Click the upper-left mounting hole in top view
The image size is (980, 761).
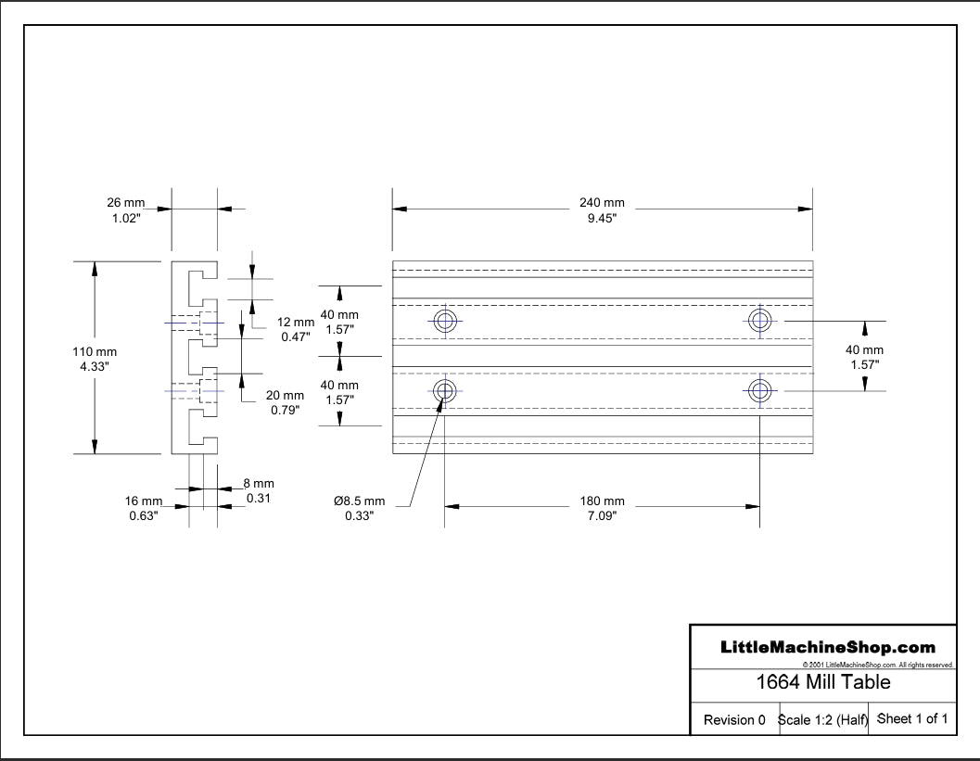tap(445, 322)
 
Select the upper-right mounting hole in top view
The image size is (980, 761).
tap(760, 321)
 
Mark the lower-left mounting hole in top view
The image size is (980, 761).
tap(445, 390)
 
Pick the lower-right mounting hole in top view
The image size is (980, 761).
tap(760, 390)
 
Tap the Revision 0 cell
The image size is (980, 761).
tap(734, 719)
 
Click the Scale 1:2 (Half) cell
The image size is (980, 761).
tap(822, 719)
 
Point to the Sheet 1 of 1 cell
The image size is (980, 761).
tap(911, 718)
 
